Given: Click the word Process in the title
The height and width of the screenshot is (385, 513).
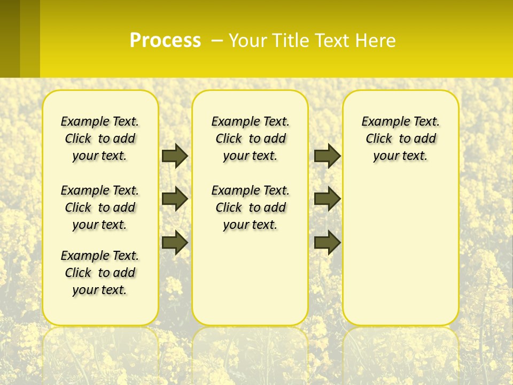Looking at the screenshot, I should click(165, 41).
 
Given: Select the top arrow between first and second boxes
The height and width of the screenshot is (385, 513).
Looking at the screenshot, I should click(175, 156).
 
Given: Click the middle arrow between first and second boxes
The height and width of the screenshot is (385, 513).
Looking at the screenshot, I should click(175, 199).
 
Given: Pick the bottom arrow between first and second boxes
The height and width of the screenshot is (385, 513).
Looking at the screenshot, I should click(175, 242).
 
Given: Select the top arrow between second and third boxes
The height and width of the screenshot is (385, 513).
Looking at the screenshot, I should click(327, 156).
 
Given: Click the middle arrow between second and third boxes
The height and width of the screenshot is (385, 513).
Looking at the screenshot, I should click(327, 199).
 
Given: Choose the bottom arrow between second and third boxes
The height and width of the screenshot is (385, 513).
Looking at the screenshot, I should click(327, 242).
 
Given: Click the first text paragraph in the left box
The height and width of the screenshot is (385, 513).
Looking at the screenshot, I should click(100, 138).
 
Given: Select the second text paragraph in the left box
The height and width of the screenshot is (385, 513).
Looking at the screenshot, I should click(100, 207).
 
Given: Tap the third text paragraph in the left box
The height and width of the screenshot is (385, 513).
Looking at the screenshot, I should click(100, 273).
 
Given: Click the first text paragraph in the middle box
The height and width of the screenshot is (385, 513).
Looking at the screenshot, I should click(250, 138).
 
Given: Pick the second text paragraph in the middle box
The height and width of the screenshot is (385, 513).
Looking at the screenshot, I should click(250, 207).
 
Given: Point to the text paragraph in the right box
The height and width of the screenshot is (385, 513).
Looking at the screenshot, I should click(400, 138).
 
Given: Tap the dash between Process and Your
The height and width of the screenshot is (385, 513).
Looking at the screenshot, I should click(217, 41).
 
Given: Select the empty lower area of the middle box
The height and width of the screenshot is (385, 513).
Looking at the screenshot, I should click(250, 278).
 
